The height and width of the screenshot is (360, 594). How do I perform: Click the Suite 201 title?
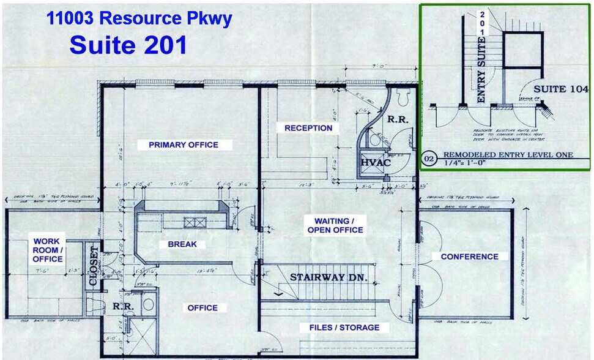(128, 45)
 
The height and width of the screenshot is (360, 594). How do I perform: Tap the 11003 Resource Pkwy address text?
(139, 18)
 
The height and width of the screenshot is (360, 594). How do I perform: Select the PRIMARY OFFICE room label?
(184, 145)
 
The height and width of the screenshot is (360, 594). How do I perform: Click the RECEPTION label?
(308, 128)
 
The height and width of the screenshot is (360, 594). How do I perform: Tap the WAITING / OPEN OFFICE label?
(339, 225)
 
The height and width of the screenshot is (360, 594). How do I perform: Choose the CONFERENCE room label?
(470, 257)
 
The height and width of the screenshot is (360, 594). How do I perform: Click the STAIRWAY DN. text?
(329, 277)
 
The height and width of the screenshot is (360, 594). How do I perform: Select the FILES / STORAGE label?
(340, 328)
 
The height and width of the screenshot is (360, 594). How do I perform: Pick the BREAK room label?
(182, 244)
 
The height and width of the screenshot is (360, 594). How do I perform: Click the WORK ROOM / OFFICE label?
(47, 250)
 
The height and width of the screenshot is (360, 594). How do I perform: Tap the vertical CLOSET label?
(94, 266)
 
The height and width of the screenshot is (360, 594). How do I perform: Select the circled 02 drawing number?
(429, 160)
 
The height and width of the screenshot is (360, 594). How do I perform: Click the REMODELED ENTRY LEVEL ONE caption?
(508, 155)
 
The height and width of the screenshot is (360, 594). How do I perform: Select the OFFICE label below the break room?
(202, 308)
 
